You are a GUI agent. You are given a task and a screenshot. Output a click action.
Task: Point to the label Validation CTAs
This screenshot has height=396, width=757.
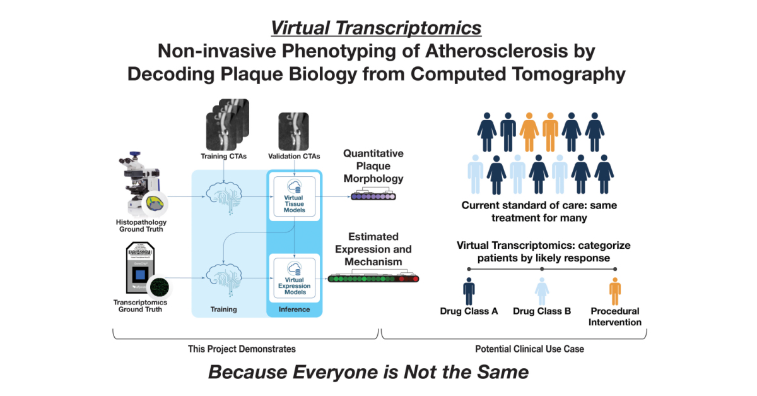[295, 156]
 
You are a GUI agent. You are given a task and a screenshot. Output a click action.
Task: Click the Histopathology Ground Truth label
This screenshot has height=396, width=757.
[139, 225]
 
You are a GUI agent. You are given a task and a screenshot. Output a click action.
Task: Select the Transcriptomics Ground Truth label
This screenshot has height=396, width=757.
[141, 306]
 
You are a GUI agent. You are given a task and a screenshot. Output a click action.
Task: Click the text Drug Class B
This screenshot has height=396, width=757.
[542, 311]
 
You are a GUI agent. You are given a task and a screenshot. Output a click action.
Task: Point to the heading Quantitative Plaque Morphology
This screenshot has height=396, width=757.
[373, 166]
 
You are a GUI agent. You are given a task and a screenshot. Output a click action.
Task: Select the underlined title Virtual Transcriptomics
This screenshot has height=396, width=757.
[376, 28]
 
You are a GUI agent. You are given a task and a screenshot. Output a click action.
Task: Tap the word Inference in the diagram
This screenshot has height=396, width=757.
[295, 309]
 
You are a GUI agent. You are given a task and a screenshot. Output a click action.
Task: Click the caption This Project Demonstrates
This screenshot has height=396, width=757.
[242, 349]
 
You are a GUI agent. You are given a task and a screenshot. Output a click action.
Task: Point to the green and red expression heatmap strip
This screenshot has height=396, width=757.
[373, 278]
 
